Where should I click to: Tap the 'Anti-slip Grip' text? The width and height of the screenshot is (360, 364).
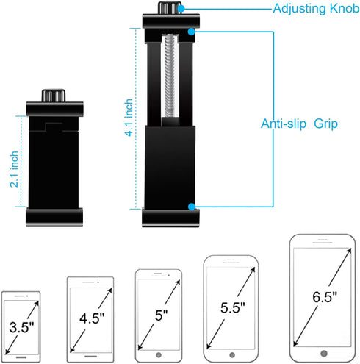[298, 124]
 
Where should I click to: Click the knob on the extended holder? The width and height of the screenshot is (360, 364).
[168, 9]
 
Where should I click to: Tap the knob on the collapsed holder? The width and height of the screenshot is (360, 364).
[54, 96]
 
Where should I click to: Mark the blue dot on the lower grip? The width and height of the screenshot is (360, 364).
[192, 209]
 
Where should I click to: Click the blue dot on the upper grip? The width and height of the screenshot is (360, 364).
[192, 31]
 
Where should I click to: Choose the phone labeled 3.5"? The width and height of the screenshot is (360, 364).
[21, 321]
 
